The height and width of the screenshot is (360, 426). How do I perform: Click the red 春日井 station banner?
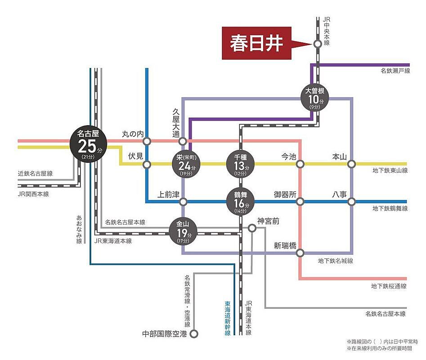(x=256, y=43)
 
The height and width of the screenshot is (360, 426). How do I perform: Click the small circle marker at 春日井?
(x=317, y=44)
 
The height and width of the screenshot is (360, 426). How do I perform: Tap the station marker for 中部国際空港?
(x=194, y=334)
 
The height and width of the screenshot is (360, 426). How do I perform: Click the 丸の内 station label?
(x=133, y=134)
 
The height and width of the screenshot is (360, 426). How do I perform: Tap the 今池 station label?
(x=288, y=157)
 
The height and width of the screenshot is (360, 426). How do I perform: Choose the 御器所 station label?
(x=285, y=195)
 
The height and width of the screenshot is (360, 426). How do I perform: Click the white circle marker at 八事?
(x=351, y=201)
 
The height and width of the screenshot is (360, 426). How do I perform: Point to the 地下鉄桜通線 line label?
(x=389, y=286)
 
